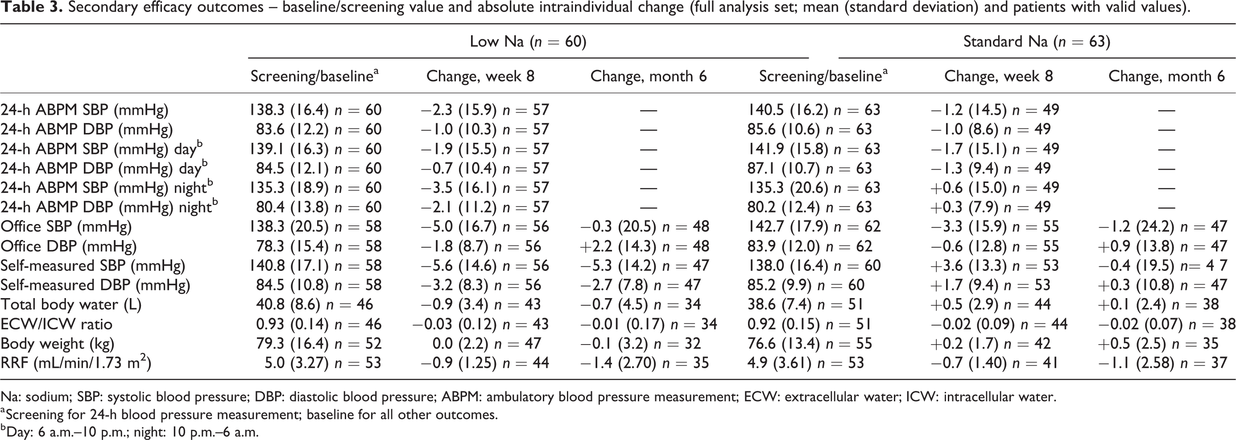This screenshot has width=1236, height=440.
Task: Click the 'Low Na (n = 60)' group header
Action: point(528,42)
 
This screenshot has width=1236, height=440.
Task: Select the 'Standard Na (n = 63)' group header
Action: point(1037,42)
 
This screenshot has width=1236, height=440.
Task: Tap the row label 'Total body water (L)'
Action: point(71,305)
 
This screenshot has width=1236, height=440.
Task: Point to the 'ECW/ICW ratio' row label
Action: point(56,324)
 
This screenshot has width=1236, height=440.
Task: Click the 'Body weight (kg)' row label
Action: point(57,344)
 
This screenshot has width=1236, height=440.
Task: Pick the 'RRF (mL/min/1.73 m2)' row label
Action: point(76,363)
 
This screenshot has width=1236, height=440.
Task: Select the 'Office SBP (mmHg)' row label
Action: point(66,227)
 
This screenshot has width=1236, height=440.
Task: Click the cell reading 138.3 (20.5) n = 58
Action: point(315,227)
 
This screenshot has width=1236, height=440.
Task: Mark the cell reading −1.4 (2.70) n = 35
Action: point(645,363)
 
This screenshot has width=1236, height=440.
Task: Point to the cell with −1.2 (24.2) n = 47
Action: point(1163,227)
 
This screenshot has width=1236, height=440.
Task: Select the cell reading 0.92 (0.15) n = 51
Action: point(809,324)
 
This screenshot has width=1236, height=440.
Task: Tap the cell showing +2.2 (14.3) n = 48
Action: point(645,246)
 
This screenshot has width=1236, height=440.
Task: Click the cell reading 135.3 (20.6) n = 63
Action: point(814,187)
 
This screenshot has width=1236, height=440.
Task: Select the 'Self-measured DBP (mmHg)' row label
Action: point(95,286)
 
